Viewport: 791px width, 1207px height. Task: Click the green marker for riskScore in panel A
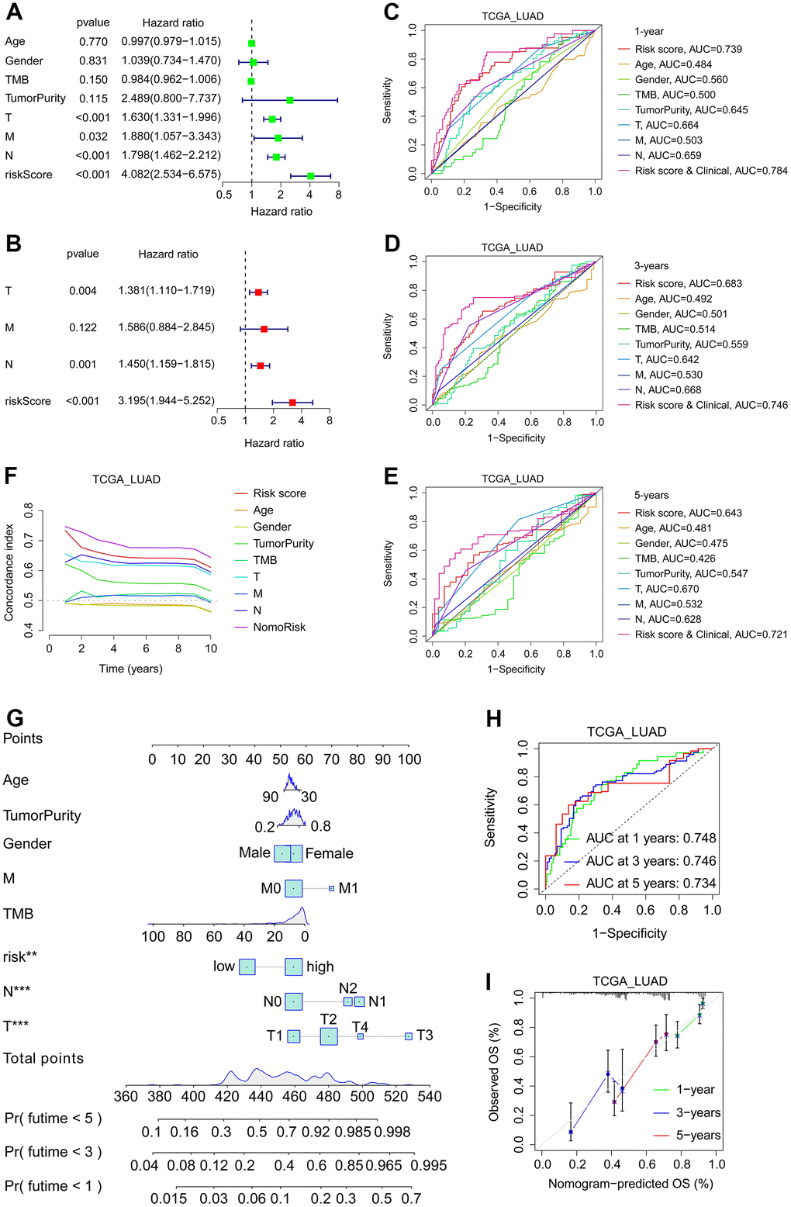(310, 176)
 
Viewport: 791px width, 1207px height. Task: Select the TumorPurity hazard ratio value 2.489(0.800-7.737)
(171, 99)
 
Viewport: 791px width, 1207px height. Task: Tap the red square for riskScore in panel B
(292, 402)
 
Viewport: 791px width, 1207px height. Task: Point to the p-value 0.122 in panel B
(83, 327)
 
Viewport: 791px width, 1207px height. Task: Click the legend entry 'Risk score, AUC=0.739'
(688, 49)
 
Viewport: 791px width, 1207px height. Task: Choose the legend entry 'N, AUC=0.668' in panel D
(668, 390)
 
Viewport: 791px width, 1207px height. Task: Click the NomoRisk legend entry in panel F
(279, 627)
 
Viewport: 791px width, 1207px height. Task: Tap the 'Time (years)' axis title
(130, 669)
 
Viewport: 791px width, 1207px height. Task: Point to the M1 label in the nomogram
(348, 888)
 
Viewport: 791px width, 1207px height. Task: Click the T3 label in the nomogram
(424, 1036)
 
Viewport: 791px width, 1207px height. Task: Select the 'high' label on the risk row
(320, 967)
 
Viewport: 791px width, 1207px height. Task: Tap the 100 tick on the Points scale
(409, 759)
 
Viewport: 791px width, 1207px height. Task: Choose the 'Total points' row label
(43, 1058)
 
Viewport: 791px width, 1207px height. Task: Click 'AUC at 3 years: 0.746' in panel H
(651, 861)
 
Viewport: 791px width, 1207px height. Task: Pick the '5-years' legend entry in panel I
(698, 1136)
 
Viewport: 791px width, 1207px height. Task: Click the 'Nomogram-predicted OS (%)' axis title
(630, 1184)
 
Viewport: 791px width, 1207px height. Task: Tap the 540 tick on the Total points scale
(429, 1096)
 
